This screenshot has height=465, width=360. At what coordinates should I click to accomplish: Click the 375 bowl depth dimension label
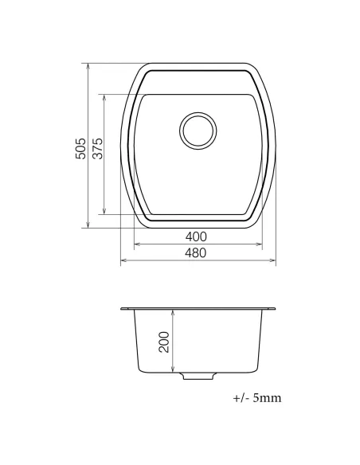[x=98, y=149]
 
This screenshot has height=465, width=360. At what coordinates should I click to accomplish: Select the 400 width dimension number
[x=196, y=236]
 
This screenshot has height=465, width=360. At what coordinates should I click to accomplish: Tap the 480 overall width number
[x=196, y=253]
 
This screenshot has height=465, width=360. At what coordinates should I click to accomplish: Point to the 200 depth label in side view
[x=164, y=342]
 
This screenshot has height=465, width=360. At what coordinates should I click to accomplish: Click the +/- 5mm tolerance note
[x=256, y=397]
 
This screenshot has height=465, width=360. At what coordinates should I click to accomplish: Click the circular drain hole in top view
[x=197, y=130]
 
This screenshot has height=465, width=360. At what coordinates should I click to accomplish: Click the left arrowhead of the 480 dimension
[x=123, y=260]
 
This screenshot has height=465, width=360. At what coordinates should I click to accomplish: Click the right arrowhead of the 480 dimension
[x=273, y=260]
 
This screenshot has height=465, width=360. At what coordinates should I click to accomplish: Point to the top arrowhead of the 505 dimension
[x=87, y=65]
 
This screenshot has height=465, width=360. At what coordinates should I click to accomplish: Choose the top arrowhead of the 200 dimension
[x=174, y=312]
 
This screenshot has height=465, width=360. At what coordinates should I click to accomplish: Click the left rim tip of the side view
[x=122, y=308]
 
